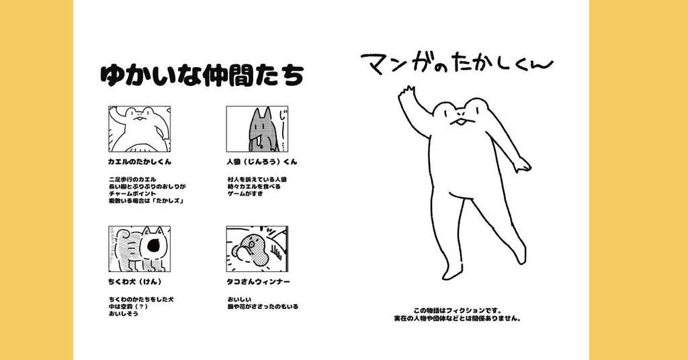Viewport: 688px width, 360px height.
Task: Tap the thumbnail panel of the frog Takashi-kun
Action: pyautogui.click(x=139, y=129)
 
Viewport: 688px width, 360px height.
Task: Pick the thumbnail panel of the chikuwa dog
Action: pyautogui.click(x=139, y=249)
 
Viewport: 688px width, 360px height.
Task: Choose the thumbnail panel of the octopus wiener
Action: pyautogui.click(x=257, y=249)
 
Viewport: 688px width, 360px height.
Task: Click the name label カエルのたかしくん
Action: pyautogui.click(x=140, y=162)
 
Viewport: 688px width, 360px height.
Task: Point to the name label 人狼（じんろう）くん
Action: pyautogui.click(x=262, y=162)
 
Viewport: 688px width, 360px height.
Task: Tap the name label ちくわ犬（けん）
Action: pyautogui.click(x=135, y=281)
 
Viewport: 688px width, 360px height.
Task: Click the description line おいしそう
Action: pyautogui.click(x=123, y=314)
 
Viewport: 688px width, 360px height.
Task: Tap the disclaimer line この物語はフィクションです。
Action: pyautogui.click(x=458, y=310)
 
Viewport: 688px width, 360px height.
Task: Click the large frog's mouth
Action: pyautogui.click(x=460, y=123)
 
